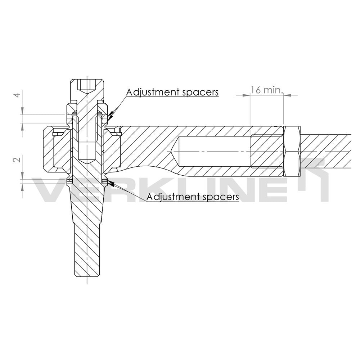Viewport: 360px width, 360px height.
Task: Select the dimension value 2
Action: point(15,159)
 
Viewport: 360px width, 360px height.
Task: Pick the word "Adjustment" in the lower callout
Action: point(168,197)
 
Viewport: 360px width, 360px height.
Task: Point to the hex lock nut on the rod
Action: point(292,151)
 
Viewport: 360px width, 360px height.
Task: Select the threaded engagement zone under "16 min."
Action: point(266,151)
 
